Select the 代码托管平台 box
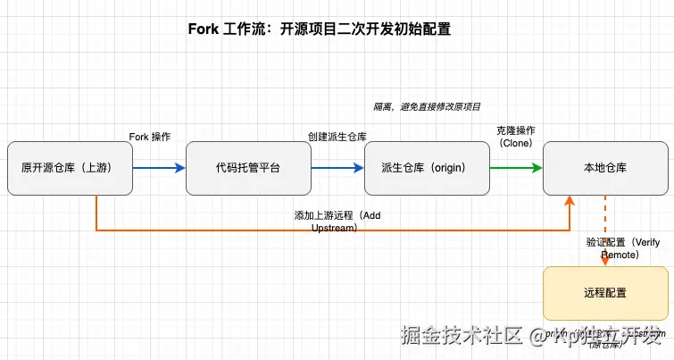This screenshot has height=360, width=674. [248, 168]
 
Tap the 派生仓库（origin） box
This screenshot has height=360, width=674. [427, 168]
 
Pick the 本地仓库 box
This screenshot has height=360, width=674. [605, 168]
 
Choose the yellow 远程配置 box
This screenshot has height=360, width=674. [605, 292]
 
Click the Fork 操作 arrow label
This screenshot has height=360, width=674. [150, 137]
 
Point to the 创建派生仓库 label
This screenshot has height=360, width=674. [337, 137]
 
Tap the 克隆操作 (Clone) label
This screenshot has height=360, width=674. [516, 137]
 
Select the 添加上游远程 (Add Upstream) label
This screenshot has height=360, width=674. [337, 222]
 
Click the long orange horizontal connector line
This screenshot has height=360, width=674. [268, 230]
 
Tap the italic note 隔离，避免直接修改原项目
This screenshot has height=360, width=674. [427, 106]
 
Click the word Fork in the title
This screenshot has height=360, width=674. [203, 29]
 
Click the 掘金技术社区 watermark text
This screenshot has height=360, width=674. [461, 336]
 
